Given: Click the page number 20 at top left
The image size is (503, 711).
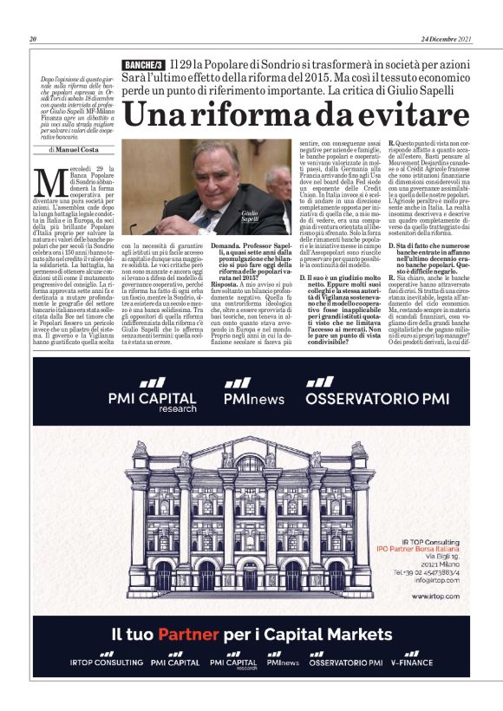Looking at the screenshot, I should click(32, 39).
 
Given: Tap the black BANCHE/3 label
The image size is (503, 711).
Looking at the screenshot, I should click(143, 66).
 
